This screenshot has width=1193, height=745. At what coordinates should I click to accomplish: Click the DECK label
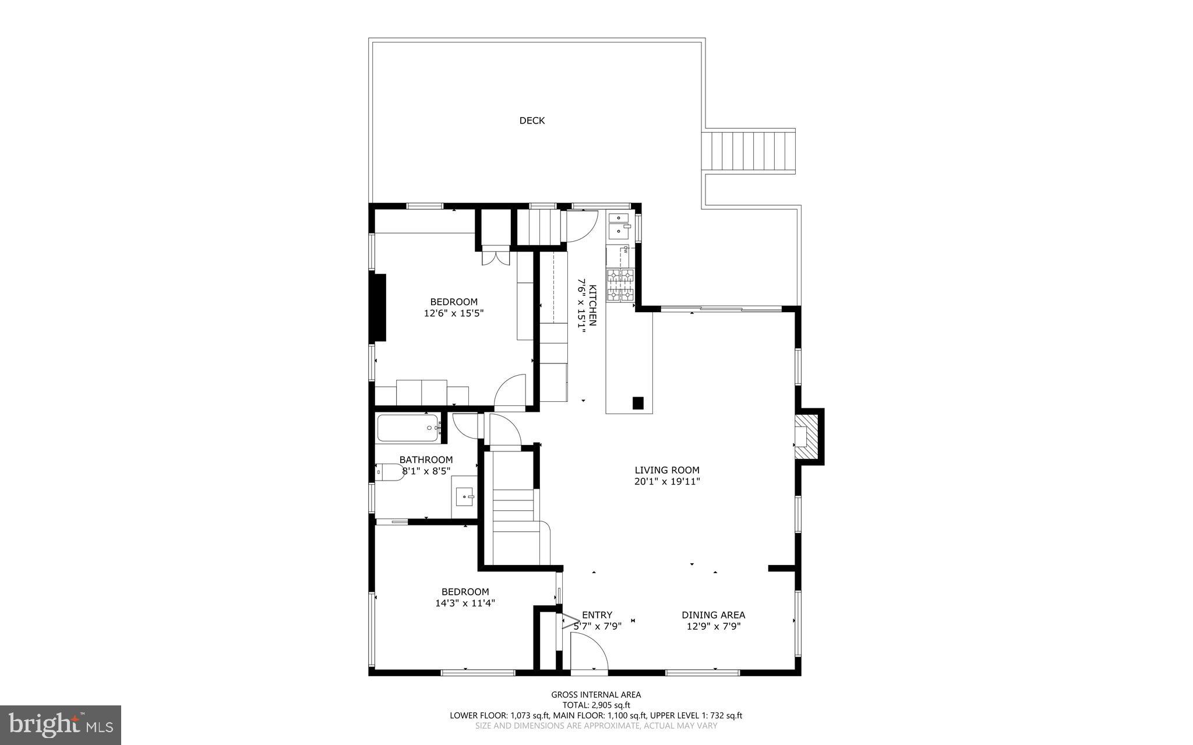[532, 121]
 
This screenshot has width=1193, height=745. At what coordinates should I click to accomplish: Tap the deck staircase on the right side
[750, 151]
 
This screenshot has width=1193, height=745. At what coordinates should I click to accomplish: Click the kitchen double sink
[619, 226]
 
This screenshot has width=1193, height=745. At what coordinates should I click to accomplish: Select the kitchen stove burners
[620, 285]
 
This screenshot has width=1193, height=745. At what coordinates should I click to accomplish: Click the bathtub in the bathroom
[408, 428]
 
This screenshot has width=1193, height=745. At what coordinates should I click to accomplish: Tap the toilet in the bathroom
[389, 472]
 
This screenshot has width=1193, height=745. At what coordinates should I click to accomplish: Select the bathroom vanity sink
[465, 497]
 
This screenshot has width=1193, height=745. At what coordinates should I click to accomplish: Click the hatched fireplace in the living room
[807, 436]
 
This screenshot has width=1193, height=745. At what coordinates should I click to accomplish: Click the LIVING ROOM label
[667, 470]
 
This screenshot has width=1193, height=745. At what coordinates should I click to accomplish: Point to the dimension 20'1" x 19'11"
[667, 482]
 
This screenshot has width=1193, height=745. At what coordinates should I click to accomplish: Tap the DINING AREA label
[713, 615]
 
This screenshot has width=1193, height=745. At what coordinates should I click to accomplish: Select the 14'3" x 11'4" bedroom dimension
[465, 603]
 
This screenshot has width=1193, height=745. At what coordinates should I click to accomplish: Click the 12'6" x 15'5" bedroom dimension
[454, 313]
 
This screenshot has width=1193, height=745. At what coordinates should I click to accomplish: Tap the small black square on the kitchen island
[638, 402]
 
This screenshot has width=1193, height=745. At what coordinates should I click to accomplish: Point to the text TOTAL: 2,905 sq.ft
[596, 705]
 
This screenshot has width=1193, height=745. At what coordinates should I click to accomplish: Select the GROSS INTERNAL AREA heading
[596, 694]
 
